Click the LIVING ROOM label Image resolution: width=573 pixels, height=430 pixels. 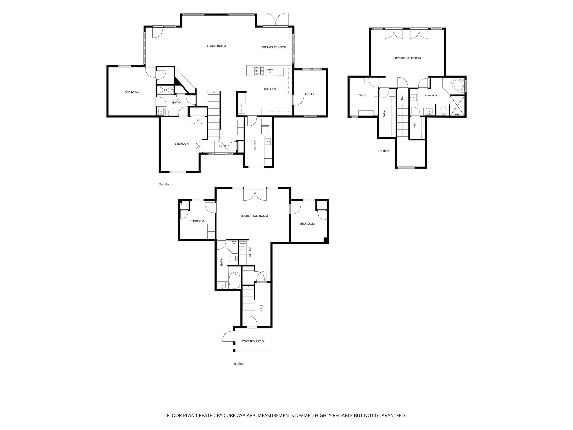[216, 46]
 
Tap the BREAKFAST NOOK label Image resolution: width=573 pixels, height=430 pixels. [274, 47]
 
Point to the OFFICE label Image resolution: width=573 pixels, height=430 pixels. [310, 94]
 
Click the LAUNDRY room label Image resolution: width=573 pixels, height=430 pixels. [255, 145]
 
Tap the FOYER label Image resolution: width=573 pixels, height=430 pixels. [223, 146]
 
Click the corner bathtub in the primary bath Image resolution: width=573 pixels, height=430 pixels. [458, 85]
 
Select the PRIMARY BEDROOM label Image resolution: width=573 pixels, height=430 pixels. [407, 58]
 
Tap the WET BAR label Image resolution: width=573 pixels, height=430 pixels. [250, 252]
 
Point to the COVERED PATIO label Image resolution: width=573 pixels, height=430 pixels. [253, 341]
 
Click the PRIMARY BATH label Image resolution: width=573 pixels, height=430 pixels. [432, 95]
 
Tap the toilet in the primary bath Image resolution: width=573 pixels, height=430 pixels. [444, 111]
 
